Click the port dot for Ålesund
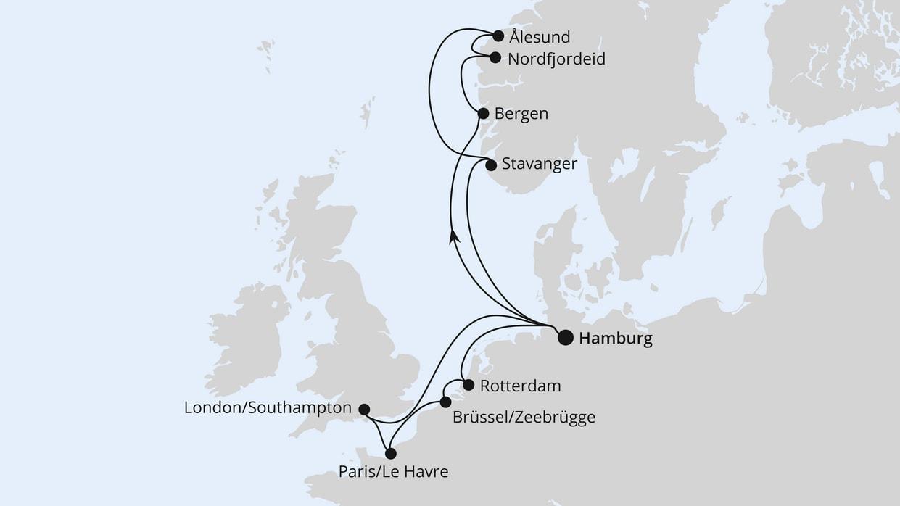pyautogui.click(x=498, y=36)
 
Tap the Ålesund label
pyautogui.click(x=540, y=37)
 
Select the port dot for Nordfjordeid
pyautogui.click(x=495, y=57)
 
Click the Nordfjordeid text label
pyautogui.click(x=556, y=59)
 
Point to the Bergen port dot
pyautogui.click(x=483, y=113)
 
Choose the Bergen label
pyautogui.click(x=521, y=114)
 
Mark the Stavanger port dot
pyautogui.click(x=491, y=165)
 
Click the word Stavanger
pyautogui.click(x=539, y=164)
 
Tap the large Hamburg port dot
pyautogui.click(x=565, y=338)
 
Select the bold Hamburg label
pyautogui.click(x=616, y=339)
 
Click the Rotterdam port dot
pyautogui.click(x=468, y=385)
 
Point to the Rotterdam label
pyautogui.click(x=521, y=386)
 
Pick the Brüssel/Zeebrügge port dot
pyautogui.click(x=446, y=402)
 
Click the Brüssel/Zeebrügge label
pyautogui.click(x=523, y=418)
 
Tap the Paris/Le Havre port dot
pyautogui.click(x=391, y=454)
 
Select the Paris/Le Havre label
pyautogui.click(x=393, y=473)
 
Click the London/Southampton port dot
pyautogui.click(x=364, y=409)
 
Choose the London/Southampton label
pyautogui.click(x=268, y=408)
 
